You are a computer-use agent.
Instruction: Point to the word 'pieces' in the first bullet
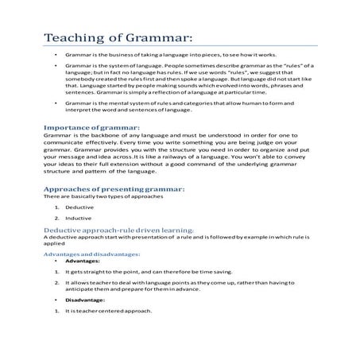218,58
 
